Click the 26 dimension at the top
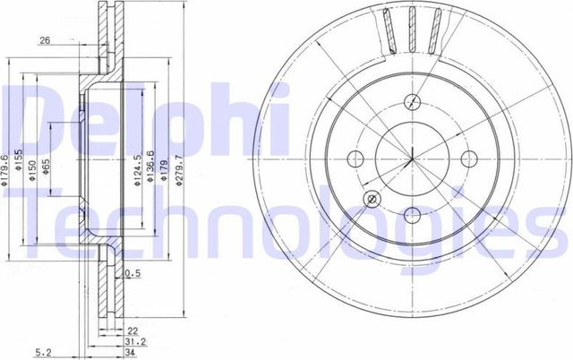(44, 40)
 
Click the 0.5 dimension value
(135, 273)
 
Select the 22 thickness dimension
(132, 330)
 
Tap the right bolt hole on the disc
(468, 159)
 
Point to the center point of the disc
(411, 159)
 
